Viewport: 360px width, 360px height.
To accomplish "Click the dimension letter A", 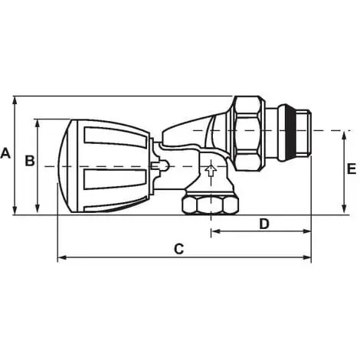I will tap(6, 153).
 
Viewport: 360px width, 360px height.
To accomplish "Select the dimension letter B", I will tap(29, 161).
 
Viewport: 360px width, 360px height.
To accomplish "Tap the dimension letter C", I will tap(178, 248).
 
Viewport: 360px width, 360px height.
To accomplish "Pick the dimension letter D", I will tap(264, 224).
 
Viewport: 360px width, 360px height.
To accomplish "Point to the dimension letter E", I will tap(351, 169).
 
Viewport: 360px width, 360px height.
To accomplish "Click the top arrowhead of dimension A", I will tap(15, 100).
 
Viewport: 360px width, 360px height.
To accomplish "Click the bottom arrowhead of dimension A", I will tap(15, 211).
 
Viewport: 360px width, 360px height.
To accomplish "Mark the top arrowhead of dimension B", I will tap(38, 123).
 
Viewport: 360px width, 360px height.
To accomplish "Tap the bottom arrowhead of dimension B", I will tap(38, 211).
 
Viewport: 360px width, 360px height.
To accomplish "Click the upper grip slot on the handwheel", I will tap(115, 139).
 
